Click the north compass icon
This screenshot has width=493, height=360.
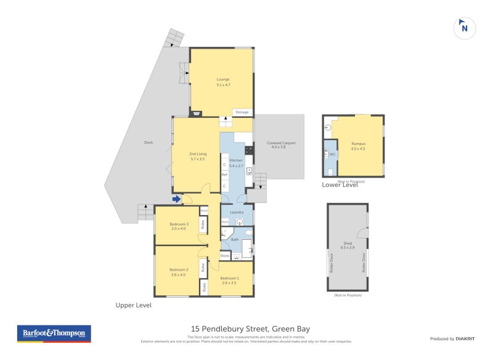coord(464,27)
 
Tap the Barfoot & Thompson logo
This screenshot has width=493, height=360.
coord(53,333)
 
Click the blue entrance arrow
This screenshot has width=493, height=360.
coord(177,198)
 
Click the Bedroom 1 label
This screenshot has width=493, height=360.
coord(229,279)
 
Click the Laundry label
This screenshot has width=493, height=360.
coord(237,212)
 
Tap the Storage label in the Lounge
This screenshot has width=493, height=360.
coord(242,112)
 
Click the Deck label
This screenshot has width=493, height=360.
coord(148,142)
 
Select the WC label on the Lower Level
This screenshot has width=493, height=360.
coord(332,154)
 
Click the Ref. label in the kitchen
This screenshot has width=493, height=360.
coord(225,175)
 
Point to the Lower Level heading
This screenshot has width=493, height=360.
coord(340,185)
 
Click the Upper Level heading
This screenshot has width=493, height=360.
coord(133,305)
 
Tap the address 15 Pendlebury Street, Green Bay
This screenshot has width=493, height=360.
coord(246,329)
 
